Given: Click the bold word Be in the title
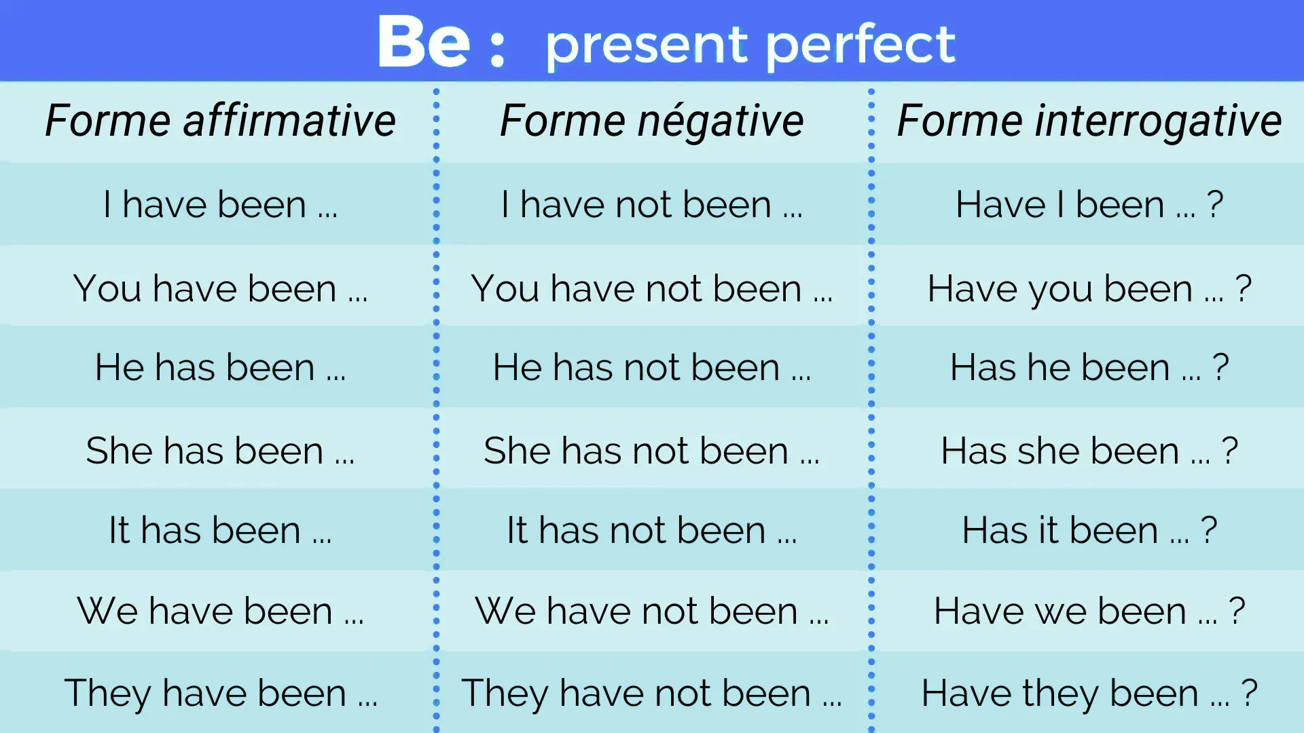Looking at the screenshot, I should tap(422, 42).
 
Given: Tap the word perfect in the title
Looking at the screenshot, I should tap(861, 45).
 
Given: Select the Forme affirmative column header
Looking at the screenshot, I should tap(221, 121).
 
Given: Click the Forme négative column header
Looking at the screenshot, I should tap(652, 121).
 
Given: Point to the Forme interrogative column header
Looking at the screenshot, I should tap(1089, 121).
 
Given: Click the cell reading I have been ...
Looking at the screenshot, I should tap(220, 204).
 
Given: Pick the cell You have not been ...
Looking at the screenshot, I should tap(652, 288).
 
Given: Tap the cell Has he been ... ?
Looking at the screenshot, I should tap(1089, 367).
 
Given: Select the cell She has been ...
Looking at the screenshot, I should tap(220, 451).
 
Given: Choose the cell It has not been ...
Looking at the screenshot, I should tap(652, 530).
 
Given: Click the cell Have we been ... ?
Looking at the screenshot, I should tap(1089, 611).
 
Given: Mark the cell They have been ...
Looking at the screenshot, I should tap(220, 693).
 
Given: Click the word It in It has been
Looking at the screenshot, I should tap(119, 530).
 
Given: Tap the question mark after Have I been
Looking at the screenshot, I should tap(1215, 204).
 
